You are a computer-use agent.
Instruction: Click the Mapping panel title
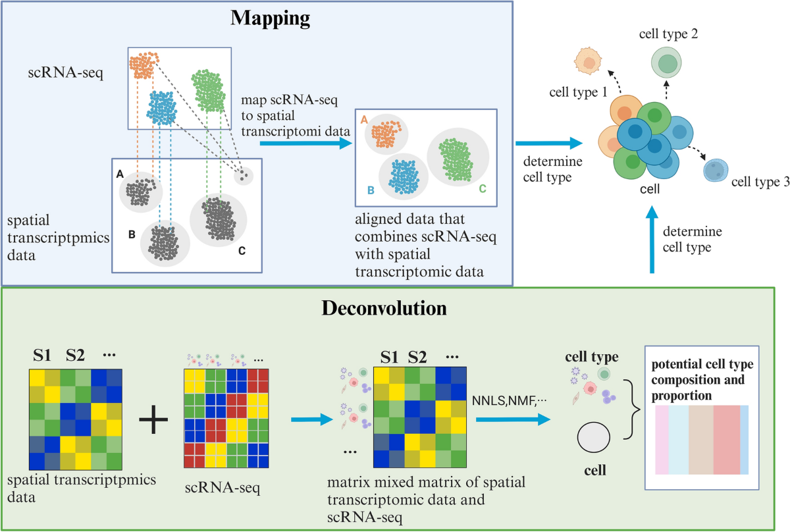coord(270,18)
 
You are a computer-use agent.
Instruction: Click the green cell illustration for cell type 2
coord(667,64)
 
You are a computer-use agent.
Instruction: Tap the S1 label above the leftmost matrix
coord(42,358)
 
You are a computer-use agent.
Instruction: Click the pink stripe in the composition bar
coord(662,440)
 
